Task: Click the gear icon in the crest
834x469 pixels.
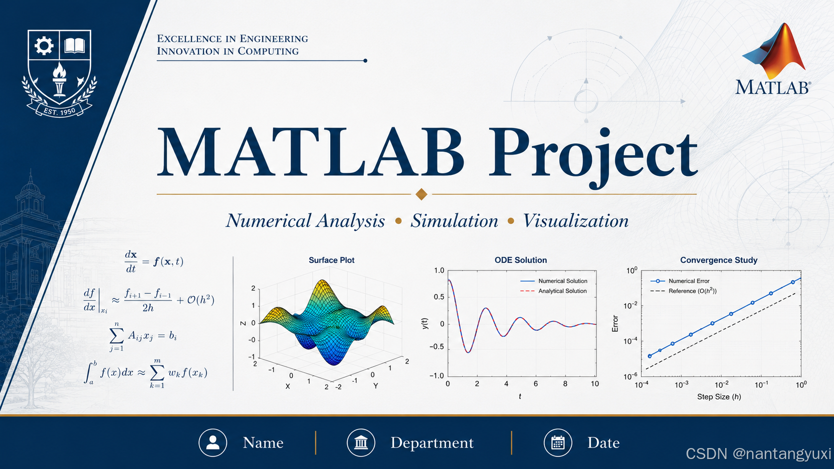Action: pyautogui.click(x=44, y=46)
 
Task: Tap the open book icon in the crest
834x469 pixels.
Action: pyautogui.click(x=75, y=46)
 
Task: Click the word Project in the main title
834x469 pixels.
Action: pyautogui.click(x=593, y=156)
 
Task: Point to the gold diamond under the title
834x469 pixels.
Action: pyautogui.click(x=421, y=194)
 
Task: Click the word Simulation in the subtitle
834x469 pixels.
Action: pyautogui.click(x=454, y=221)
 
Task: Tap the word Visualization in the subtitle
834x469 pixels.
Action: pyautogui.click(x=576, y=221)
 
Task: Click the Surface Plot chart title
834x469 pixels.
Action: pyautogui.click(x=331, y=260)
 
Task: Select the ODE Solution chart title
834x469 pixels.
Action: pyautogui.click(x=521, y=260)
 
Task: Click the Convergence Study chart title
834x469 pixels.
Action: pyautogui.click(x=719, y=260)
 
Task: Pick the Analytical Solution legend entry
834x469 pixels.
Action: pyautogui.click(x=553, y=291)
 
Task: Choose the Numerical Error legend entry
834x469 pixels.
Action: pyautogui.click(x=680, y=281)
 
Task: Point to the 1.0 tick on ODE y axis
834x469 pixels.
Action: pyautogui.click(x=439, y=271)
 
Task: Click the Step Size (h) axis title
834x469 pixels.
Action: pyautogui.click(x=719, y=397)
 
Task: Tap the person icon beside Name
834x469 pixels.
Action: pyautogui.click(x=212, y=443)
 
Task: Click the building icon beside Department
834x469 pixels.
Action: pyautogui.click(x=361, y=443)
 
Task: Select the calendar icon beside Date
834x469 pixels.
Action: pyautogui.click(x=558, y=443)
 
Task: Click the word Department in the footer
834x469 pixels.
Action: pyautogui.click(x=432, y=443)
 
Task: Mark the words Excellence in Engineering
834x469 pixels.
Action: pyautogui.click(x=232, y=39)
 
